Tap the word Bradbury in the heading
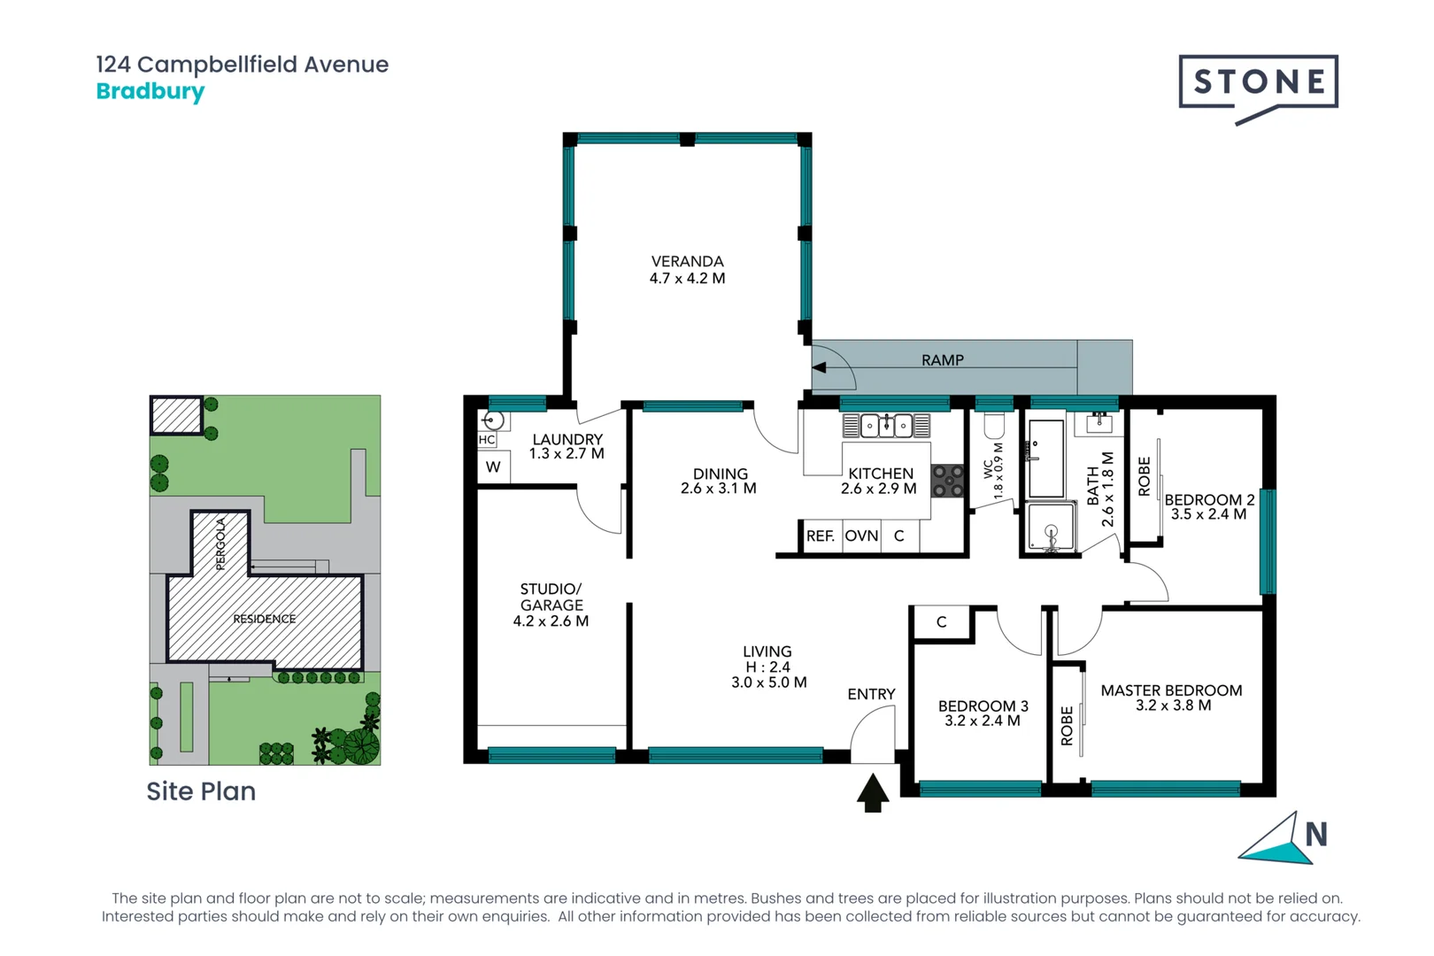(x=150, y=91)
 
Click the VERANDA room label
(x=687, y=261)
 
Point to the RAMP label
(x=942, y=360)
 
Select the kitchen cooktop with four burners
(x=948, y=481)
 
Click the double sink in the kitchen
(x=886, y=426)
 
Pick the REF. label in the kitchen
(x=820, y=536)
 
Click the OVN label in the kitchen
(x=861, y=536)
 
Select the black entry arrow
(x=873, y=792)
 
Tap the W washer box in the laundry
(x=493, y=467)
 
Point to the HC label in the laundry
(x=487, y=439)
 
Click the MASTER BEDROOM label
(x=1171, y=690)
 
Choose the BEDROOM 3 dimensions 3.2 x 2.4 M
(x=982, y=721)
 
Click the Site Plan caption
(x=201, y=791)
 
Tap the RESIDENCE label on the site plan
(x=264, y=619)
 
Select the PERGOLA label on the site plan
(x=221, y=544)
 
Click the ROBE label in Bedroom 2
(x=1144, y=476)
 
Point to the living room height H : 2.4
(x=767, y=667)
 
